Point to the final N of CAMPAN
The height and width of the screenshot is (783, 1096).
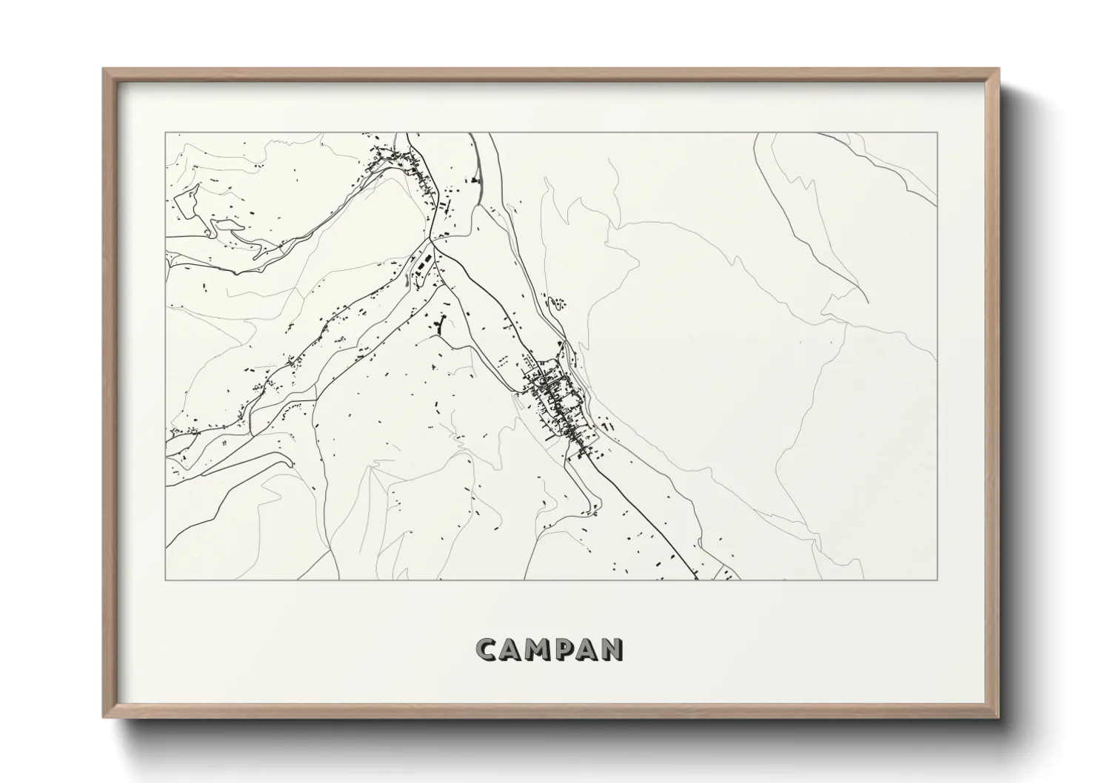(x=611, y=649)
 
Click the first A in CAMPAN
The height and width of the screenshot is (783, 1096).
(x=512, y=649)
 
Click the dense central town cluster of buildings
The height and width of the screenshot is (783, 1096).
(x=557, y=400)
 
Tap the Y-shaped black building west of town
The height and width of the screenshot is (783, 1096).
(x=443, y=325)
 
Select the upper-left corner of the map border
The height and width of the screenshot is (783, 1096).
(x=166, y=133)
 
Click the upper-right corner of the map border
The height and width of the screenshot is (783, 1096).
(x=937, y=133)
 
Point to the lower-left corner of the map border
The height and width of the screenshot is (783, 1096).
(x=166, y=579)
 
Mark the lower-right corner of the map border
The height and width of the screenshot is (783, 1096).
(x=937, y=579)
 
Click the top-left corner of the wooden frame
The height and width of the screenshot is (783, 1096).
(x=104, y=70)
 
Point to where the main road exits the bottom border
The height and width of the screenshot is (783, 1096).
(x=697, y=579)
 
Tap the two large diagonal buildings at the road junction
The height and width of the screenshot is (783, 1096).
(x=422, y=263)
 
